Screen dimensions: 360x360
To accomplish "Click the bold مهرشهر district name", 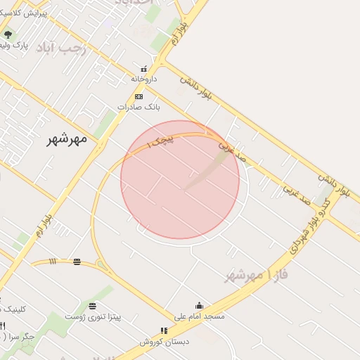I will pyautogui.click(x=67, y=138).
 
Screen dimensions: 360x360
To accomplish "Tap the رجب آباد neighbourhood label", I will pyautogui.click(x=61, y=48).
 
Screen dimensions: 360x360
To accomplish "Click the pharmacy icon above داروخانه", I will pyautogui.click(x=144, y=69).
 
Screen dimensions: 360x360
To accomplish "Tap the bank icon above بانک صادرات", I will pyautogui.click(x=139, y=97).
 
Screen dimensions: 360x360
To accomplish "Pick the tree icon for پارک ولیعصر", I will pyautogui.click(x=8, y=34).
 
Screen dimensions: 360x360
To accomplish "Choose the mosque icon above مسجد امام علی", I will pyautogui.click(x=200, y=305).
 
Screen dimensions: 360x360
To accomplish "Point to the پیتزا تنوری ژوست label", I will pyautogui.click(x=93, y=316).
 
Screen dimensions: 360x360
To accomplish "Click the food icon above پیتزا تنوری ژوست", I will pyautogui.click(x=92, y=306).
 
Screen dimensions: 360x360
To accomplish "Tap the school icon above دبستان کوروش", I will pyautogui.click(x=164, y=330).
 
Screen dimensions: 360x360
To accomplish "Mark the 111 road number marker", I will pyautogui.click(x=53, y=262).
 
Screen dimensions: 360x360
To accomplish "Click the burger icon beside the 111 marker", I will pyautogui.click(x=77, y=262).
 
